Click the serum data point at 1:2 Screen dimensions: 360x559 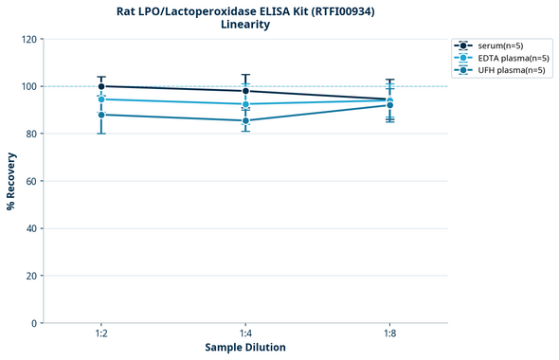coord(101,86)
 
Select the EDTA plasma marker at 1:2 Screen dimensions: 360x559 coord(101,99)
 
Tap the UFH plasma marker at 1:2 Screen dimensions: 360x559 coord(101,115)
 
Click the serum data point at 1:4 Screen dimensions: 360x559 coord(245,91)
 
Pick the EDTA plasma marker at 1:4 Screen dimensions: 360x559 coord(245,104)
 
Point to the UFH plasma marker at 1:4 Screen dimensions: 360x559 coord(245,120)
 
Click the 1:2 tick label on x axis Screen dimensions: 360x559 coord(101,334)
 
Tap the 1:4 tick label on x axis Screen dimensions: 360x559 coord(245,334)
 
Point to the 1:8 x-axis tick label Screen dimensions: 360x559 coord(389,334)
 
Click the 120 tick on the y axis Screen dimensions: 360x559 coord(29,40)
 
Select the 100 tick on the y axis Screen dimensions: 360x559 coord(29,87)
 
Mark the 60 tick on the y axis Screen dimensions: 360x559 coord(32,181)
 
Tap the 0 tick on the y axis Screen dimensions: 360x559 coord(35,323)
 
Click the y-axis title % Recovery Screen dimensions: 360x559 coord(11,181)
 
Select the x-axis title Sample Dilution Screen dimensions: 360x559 coord(245,348)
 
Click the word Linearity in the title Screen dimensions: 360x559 coord(244,25)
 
